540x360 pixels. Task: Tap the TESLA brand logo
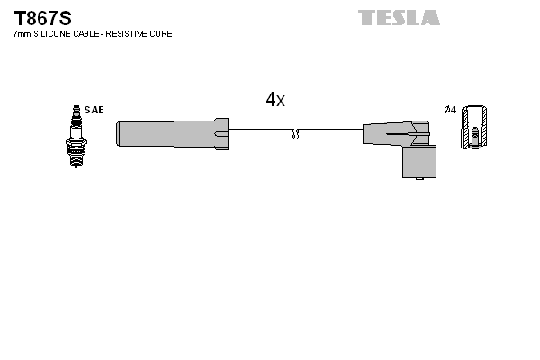tap(399, 18)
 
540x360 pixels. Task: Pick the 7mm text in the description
tap(22, 34)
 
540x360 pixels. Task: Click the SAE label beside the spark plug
tap(95, 110)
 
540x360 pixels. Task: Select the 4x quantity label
tap(275, 100)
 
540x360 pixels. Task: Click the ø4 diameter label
tap(450, 110)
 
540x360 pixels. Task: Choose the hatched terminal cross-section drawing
tap(475, 128)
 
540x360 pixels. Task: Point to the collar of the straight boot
tap(222, 133)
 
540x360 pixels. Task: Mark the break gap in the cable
tap(295, 134)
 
